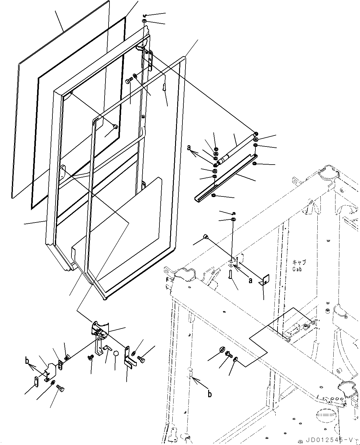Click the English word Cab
pos(297,269)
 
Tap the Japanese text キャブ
pos(299,262)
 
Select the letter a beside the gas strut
pos(189,148)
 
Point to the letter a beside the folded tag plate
pos(251,281)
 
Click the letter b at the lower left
pos(27,361)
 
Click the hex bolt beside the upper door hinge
pos(129,81)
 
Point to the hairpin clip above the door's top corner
pos(145,15)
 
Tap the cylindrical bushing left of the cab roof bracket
pos(206,236)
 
